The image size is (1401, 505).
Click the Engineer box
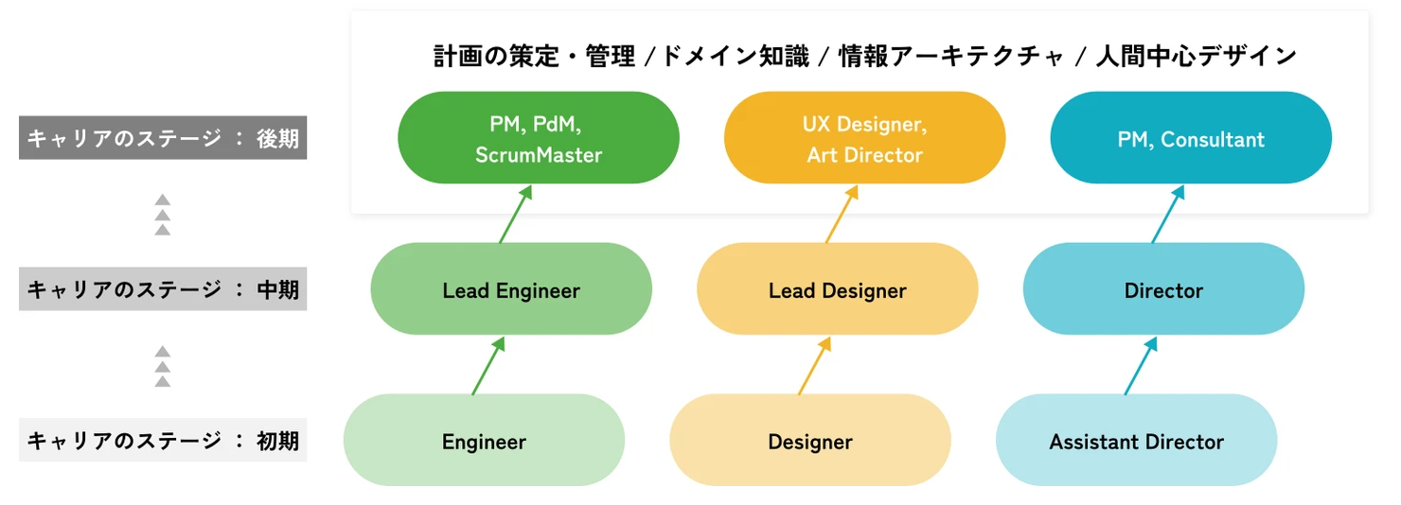(484, 441)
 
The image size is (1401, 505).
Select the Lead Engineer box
(511, 289)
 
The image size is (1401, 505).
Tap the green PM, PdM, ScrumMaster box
(539, 138)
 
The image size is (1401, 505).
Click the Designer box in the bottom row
(810, 441)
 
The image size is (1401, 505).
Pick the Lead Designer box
(838, 289)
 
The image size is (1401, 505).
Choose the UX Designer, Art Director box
(864, 138)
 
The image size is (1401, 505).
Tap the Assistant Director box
(1136, 441)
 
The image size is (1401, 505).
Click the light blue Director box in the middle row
(1163, 289)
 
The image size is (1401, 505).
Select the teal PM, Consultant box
(1191, 138)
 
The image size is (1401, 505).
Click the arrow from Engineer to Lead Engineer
(488, 366)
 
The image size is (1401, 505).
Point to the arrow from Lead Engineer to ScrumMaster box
(515, 215)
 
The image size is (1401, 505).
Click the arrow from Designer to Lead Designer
(814, 366)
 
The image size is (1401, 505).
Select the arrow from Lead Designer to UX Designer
(842, 215)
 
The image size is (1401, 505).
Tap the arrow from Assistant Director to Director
(1141, 366)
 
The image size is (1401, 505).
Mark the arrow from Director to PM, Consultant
(1168, 215)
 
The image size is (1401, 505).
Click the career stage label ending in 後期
(163, 139)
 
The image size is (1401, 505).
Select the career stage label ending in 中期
(163, 290)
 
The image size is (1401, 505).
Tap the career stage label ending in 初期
(163, 441)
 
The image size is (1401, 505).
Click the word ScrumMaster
(539, 155)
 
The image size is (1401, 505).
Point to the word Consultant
(1213, 140)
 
